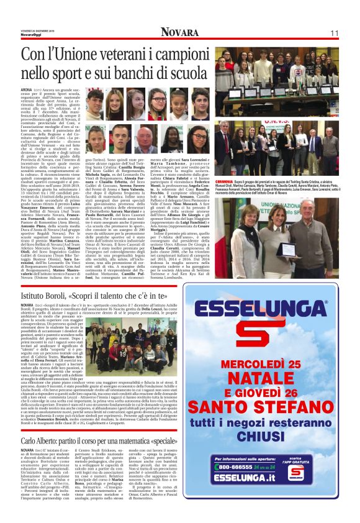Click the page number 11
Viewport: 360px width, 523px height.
pos(333,33)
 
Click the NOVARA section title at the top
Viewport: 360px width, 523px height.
pos(179,33)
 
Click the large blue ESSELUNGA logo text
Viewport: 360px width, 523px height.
pos(268,303)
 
